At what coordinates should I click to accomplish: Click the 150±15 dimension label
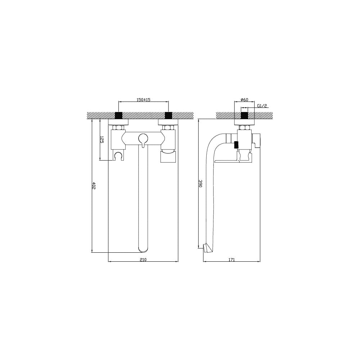[x=143, y=100]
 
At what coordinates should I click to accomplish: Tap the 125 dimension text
[x=102, y=140]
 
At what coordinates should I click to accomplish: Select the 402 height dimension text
[x=94, y=185]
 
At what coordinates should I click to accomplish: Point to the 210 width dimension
[x=143, y=260]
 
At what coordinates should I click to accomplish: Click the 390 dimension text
[x=200, y=184]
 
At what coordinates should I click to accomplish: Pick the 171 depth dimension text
[x=231, y=260]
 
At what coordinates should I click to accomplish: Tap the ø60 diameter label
[x=244, y=100]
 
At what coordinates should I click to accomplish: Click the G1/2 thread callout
[x=262, y=106]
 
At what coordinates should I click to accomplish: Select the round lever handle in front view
[x=143, y=138]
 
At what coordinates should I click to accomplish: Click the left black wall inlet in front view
[x=118, y=115]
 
